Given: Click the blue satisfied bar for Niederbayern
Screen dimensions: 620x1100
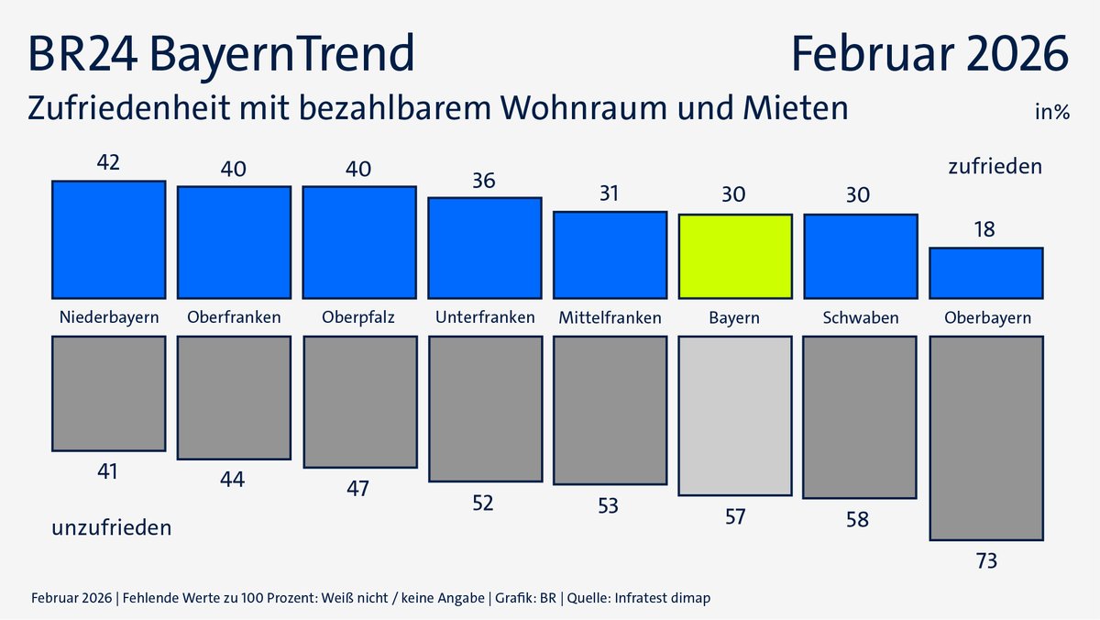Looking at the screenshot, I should tap(108, 239).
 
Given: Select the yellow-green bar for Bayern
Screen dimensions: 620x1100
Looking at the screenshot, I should tap(735, 256).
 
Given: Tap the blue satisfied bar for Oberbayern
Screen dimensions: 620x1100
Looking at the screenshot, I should tap(985, 272).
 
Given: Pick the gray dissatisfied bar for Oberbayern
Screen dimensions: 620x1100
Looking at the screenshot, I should tap(985, 437).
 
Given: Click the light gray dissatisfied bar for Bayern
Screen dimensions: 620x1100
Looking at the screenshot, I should tap(735, 415).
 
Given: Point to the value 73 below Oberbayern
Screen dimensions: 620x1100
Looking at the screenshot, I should tap(985, 560).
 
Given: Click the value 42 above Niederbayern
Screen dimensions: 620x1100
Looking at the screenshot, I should tap(108, 162).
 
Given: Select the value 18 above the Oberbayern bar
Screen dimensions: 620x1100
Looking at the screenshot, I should tap(985, 228).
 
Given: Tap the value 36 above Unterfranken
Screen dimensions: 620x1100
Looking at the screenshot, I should tap(484, 180).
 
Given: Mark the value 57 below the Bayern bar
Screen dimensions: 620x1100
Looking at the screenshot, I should tap(735, 516).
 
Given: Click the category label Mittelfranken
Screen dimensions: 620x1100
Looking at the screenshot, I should tap(610, 318).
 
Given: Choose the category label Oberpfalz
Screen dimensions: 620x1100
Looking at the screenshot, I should tap(358, 318).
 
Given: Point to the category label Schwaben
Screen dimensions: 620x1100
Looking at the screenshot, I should tap(860, 318).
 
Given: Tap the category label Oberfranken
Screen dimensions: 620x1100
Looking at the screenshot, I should tap(234, 318).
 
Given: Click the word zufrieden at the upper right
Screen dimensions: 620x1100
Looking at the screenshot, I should tap(995, 167).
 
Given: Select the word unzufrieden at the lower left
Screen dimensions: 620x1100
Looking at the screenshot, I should tap(111, 528).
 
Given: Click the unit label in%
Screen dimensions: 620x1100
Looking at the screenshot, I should tap(1052, 113).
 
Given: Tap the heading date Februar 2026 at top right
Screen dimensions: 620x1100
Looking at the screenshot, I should tap(929, 54).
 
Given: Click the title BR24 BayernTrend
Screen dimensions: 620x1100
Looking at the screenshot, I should tap(221, 54).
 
